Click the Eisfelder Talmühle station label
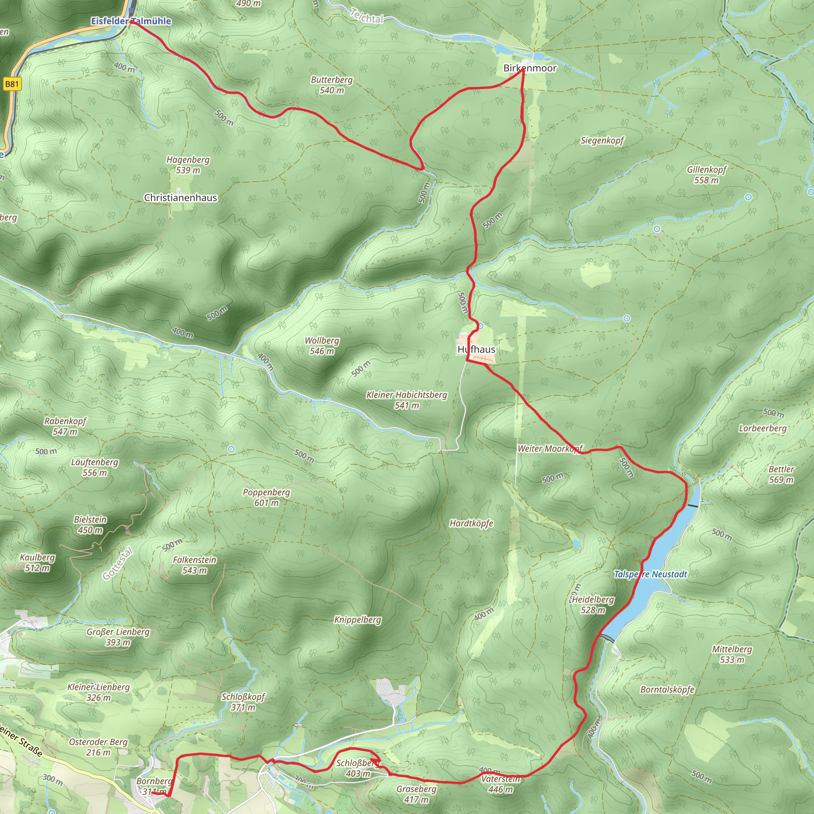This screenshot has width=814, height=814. [x=131, y=21]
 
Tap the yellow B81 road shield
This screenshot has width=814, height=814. [x=12, y=84]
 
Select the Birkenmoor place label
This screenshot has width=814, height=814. [x=529, y=68]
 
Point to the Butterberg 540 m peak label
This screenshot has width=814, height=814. [x=331, y=85]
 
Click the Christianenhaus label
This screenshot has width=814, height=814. [x=180, y=198]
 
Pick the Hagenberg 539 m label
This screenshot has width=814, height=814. [x=188, y=165]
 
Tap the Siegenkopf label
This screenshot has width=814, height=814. [x=602, y=140]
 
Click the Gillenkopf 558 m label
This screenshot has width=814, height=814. [x=707, y=175]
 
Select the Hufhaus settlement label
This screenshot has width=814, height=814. [x=477, y=349]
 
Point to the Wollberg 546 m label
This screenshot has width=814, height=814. [x=322, y=345]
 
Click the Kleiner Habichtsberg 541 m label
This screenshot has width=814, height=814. [x=407, y=400]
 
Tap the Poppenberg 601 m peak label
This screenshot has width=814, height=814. [x=266, y=497]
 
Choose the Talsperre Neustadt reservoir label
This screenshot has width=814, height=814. [x=650, y=574]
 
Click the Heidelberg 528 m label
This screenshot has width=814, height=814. [x=593, y=605]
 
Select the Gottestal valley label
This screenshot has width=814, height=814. [x=118, y=563]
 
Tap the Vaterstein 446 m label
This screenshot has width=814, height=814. [x=500, y=784]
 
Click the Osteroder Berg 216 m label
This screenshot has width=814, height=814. [x=98, y=747]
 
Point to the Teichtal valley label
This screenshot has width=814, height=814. [x=366, y=16]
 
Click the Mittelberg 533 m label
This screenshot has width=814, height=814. [x=732, y=654]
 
